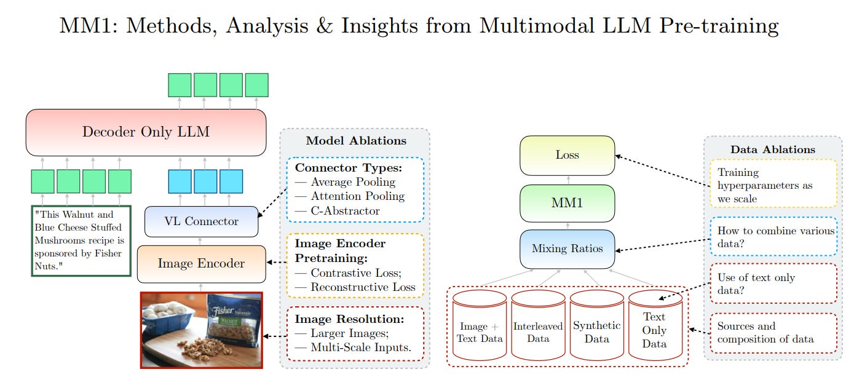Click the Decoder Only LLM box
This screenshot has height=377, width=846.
coord(146,132)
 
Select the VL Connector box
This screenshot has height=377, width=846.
coord(200,221)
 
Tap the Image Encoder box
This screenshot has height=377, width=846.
coord(201,264)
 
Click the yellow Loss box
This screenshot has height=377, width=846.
coord(567,155)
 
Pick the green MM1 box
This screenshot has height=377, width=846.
coord(567,203)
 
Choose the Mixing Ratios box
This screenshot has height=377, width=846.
coord(567,249)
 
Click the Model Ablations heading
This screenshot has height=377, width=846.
coord(356,141)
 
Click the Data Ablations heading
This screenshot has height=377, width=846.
coord(772,149)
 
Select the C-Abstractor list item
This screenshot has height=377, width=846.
coord(346,211)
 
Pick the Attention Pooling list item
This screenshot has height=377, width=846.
coord(357,196)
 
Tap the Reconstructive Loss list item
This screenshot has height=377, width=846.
coord(363,287)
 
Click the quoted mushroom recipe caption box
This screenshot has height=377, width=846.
coord(81,240)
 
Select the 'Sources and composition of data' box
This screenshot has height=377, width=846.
coord(773,333)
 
